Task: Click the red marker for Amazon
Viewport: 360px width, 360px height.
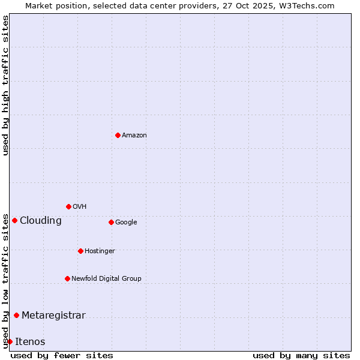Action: coord(118,135)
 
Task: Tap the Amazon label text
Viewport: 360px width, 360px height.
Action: coord(134,136)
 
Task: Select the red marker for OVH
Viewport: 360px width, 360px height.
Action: coord(68,206)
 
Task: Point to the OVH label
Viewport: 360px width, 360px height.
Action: coord(79,207)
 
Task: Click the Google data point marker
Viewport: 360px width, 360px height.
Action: coord(111,222)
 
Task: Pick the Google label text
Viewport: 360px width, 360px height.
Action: coord(126,223)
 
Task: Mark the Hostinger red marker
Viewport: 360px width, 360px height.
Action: coord(80,251)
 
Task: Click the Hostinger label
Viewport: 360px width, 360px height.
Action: coord(100,251)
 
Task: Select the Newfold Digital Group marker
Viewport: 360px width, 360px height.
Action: coord(67,278)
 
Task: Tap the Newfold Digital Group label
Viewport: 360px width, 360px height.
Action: coord(106,278)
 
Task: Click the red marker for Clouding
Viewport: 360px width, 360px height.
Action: coord(14,220)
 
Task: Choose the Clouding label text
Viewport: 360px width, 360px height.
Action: coord(40,221)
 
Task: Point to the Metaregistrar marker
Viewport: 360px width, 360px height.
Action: coord(16,315)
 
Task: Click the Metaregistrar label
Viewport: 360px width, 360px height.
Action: coord(53,316)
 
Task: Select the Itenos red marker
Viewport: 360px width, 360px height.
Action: coord(10,341)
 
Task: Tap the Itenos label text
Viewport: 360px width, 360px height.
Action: coord(30,342)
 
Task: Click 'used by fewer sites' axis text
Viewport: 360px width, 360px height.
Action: coord(62,355)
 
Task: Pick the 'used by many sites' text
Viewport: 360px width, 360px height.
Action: coord(301,355)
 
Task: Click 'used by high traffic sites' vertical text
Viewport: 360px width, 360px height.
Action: coord(5,85)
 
